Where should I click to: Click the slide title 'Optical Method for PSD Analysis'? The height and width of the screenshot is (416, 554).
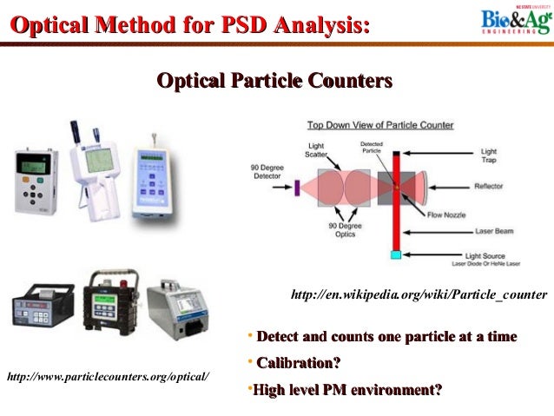coord(187,26)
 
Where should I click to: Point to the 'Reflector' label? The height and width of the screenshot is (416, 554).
coord(493,186)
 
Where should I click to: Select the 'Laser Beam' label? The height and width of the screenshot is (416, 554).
coord(492,232)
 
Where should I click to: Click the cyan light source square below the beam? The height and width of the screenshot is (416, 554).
coord(396,254)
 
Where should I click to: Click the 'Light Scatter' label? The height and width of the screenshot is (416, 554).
coord(318,149)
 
